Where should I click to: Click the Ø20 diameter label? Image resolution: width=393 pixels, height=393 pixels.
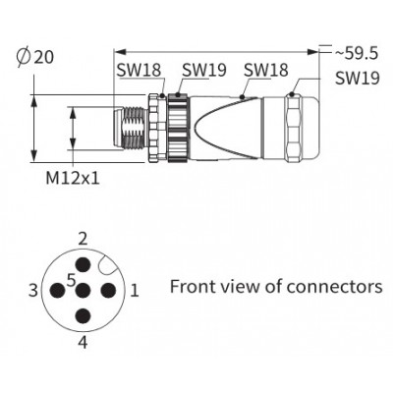[x=34, y=57]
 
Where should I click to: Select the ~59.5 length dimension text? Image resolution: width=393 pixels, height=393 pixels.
[x=357, y=53]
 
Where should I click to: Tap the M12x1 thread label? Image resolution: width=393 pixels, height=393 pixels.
[x=73, y=179]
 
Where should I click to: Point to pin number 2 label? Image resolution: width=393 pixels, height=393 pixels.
[x=84, y=239]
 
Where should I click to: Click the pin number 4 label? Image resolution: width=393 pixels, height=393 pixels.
[x=84, y=343]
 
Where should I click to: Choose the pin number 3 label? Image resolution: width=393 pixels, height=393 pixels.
[x=32, y=291]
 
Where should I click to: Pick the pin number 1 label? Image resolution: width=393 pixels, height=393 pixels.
[x=135, y=291]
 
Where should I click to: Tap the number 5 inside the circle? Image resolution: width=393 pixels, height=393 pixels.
[x=71, y=280]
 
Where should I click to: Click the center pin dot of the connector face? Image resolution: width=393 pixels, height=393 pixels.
[x=84, y=291]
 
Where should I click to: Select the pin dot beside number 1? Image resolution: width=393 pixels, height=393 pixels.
[x=108, y=291]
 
